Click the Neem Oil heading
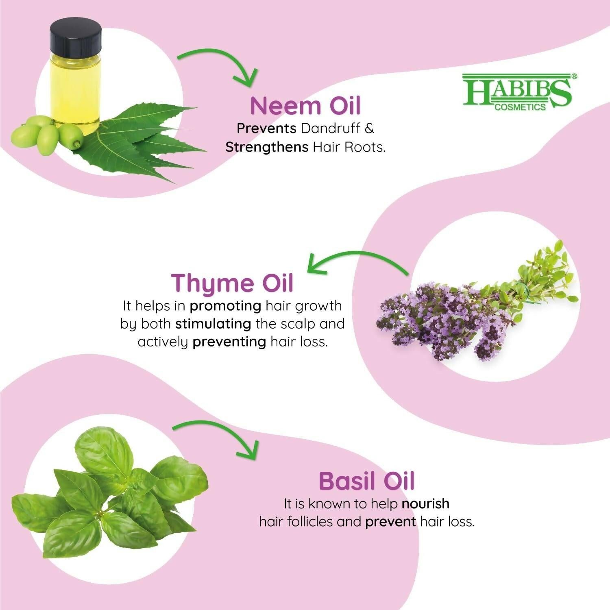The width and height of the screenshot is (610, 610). [x=305, y=105]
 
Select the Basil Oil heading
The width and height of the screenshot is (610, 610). [x=366, y=481]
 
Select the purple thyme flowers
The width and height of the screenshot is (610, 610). [x=439, y=321]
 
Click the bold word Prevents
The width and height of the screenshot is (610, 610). [x=266, y=128]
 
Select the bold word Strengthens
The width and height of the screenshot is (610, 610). [x=267, y=147]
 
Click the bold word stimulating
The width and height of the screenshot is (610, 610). [x=213, y=324]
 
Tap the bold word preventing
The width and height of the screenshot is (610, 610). [x=229, y=342]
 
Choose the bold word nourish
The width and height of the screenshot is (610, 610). [x=425, y=503]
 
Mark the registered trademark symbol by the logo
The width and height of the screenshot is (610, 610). [x=574, y=76]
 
